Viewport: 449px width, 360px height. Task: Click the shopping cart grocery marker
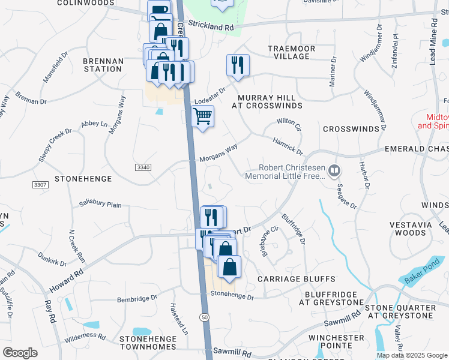(203, 116)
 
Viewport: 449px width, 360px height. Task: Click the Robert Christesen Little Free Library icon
(334, 172)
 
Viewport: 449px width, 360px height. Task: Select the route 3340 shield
(143, 167)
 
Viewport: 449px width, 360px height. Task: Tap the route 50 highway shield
(205, 316)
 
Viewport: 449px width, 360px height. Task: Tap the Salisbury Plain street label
(100, 205)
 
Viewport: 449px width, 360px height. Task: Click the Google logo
(20, 353)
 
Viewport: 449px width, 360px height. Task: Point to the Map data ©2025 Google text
(412, 355)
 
